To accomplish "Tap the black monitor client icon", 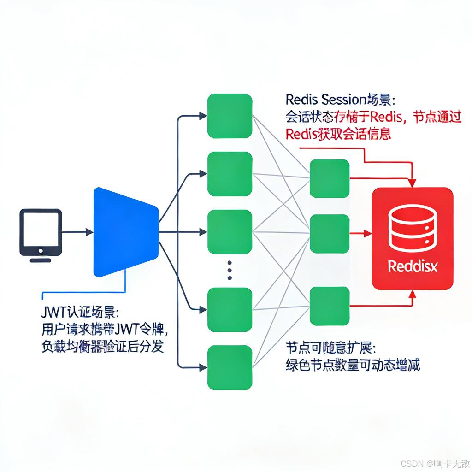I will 41,232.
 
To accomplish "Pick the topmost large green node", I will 230,116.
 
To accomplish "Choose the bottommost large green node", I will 230,367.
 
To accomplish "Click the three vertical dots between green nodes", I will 230,270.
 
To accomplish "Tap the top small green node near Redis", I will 329,178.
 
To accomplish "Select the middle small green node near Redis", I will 329,233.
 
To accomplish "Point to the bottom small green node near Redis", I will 329,306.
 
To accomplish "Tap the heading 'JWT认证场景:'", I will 79,312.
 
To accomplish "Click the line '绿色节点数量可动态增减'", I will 353,365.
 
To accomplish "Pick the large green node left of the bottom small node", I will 230,309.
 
